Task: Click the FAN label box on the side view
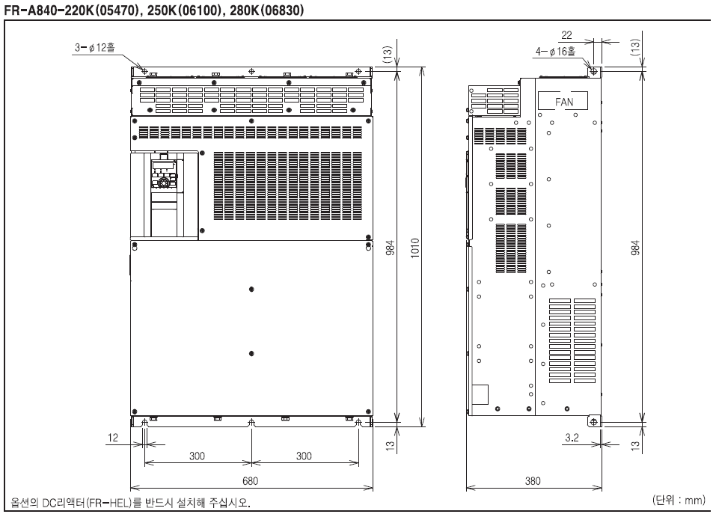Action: pos(563,100)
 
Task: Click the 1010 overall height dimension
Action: pos(415,248)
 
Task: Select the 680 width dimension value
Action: pos(250,480)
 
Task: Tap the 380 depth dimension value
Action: pos(533,480)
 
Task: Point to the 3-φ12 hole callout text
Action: pos(95,47)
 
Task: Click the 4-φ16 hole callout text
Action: pos(555,51)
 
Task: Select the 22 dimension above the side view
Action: pos(566,35)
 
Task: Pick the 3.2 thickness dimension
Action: pos(572,438)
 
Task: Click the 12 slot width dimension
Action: pos(113,438)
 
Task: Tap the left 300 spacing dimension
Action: pos(197,456)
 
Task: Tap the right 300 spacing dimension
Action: pos(304,456)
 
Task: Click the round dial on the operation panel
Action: pos(164,183)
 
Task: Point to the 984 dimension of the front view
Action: pos(391,247)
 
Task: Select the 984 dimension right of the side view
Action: pos(635,247)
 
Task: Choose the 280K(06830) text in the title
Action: pos(266,10)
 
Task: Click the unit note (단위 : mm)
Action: pos(679,500)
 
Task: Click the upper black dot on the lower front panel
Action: pos(251,289)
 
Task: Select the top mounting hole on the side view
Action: pos(593,71)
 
